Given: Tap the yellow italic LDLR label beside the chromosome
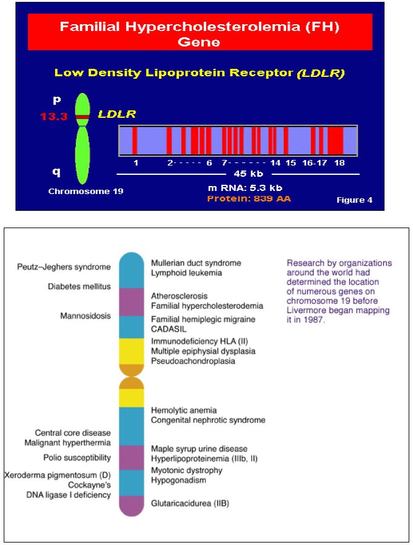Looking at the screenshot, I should [x=117, y=115].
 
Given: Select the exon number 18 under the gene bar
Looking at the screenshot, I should [x=339, y=162].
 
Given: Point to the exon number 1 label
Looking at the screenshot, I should [x=136, y=162].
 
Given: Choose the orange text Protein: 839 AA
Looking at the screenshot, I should [x=248, y=199].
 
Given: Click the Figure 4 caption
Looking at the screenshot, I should [x=354, y=200].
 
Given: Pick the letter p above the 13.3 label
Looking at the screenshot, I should [x=55, y=99].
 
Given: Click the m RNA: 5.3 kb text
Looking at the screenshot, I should [x=246, y=187].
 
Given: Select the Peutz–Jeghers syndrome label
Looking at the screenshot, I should [x=64, y=267].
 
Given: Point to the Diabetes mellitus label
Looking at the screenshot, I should [x=79, y=286].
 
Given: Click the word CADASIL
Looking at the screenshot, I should [x=169, y=329].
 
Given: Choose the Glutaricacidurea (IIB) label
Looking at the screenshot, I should [x=190, y=503].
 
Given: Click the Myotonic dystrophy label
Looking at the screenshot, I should [x=187, y=470].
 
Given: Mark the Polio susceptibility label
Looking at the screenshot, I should [x=77, y=458].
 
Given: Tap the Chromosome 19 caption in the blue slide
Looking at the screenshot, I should [x=85, y=191].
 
